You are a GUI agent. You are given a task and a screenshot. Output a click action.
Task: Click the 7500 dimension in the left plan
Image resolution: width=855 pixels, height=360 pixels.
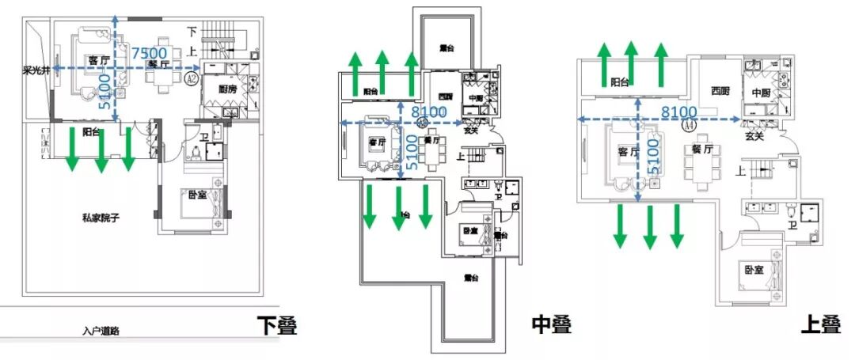(148, 54)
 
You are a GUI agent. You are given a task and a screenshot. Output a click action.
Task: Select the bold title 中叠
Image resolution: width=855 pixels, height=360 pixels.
(550, 324)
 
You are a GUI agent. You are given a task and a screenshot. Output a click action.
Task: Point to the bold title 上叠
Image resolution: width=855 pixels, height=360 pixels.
(819, 325)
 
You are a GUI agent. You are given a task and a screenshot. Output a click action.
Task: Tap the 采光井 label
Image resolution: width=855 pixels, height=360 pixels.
(36, 71)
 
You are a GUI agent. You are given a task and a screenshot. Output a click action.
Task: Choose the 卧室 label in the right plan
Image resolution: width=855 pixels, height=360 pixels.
(754, 269)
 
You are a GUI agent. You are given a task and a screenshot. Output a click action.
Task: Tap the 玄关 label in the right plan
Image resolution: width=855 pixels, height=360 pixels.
(755, 136)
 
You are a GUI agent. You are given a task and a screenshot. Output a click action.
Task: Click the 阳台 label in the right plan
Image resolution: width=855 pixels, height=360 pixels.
(621, 81)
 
